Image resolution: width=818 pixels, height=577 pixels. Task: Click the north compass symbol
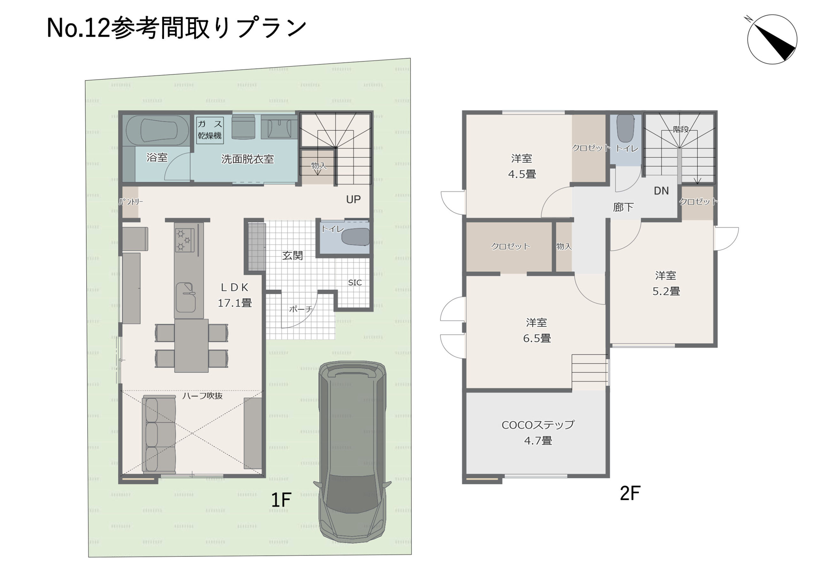click(772, 39)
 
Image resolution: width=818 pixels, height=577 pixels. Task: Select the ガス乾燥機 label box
click(210, 130)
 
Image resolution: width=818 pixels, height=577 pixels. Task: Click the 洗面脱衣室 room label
click(248, 159)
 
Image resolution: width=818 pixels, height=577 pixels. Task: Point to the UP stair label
click(353, 199)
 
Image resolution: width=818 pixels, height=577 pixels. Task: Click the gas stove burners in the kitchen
click(185, 240)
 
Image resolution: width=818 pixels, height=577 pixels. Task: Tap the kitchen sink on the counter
click(185, 297)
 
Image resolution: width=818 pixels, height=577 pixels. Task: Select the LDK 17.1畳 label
click(235, 295)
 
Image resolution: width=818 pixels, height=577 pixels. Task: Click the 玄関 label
click(292, 255)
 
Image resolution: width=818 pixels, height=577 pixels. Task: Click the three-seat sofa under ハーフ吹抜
click(159, 435)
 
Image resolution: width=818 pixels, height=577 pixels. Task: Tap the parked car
click(352, 452)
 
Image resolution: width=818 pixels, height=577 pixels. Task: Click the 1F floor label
click(281, 500)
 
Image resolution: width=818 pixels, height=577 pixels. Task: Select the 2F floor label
click(630, 494)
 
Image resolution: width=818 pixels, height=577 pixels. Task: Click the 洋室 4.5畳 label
click(522, 166)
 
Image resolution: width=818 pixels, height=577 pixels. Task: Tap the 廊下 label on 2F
click(623, 207)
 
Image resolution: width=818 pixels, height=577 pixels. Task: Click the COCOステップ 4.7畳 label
click(538, 432)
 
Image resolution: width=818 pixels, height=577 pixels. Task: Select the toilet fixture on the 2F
click(625, 128)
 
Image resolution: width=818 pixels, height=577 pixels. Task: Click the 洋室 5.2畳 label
click(666, 283)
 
